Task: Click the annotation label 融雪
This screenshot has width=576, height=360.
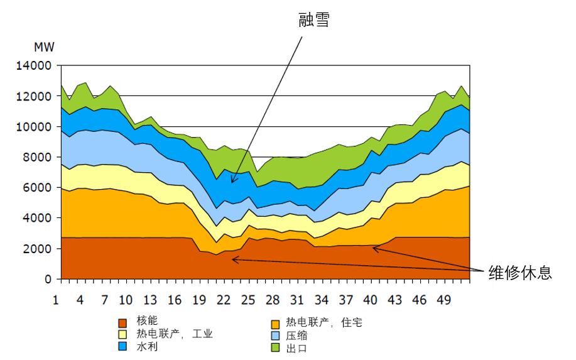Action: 313,21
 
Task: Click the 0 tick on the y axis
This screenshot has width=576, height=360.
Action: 47,279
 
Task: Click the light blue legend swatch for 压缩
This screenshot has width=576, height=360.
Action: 276,335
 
